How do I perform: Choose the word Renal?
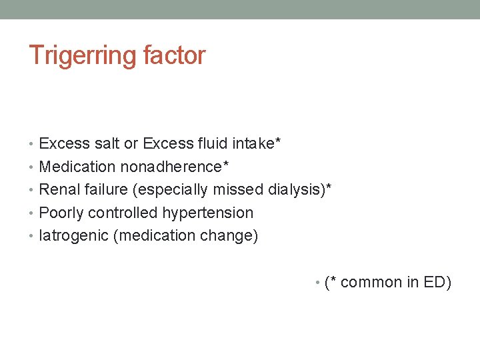point(59,189)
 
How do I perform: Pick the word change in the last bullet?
point(228,236)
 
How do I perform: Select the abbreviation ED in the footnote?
point(437,283)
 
